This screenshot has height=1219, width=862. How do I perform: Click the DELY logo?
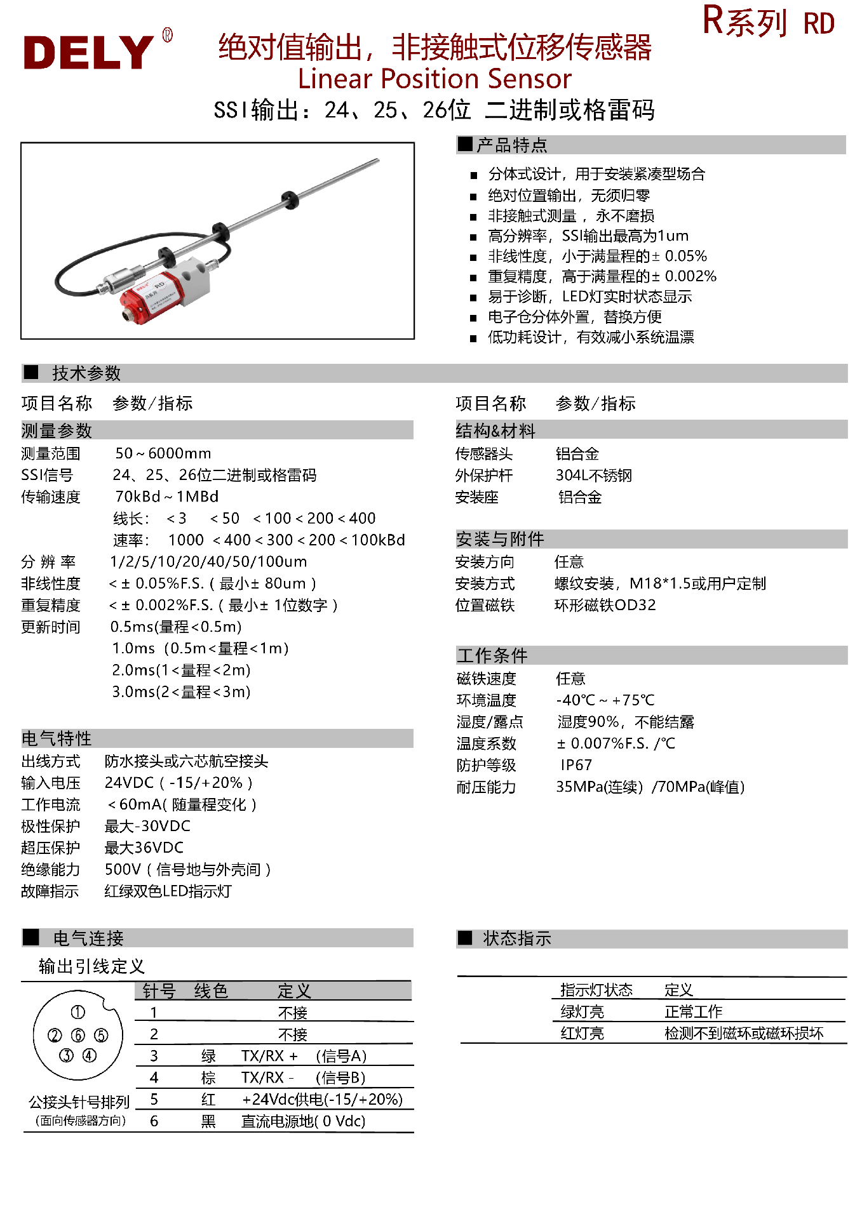pos(89,51)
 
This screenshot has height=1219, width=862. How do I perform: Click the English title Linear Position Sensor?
pos(434,79)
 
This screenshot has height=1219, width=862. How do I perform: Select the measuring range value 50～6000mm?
pos(163,453)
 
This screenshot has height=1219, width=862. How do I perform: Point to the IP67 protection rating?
pos(576,765)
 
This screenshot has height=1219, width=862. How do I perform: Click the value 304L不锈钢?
pos(593,476)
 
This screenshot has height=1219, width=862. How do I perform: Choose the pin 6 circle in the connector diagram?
pos(78,1036)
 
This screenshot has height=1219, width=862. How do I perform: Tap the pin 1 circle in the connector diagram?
pos(77,1012)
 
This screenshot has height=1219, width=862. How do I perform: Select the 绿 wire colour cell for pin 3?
pos(208,1056)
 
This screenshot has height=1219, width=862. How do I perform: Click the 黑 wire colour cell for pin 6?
pos(208,1121)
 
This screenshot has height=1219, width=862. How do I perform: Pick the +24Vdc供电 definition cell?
pos(322,1100)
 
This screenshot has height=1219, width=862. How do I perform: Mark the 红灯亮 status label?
pos(582,1034)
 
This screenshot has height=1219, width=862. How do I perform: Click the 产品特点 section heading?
pos(511,145)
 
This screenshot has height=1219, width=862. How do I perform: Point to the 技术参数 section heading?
pos(86,373)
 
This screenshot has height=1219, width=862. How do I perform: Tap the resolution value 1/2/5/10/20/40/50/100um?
pos(208,562)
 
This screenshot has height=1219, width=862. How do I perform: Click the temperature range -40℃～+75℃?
pos(605,700)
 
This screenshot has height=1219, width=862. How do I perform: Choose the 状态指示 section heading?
pos(516,938)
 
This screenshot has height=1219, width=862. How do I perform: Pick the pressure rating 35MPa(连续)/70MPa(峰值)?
pos(650,787)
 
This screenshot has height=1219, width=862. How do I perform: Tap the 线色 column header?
pos(211,991)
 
